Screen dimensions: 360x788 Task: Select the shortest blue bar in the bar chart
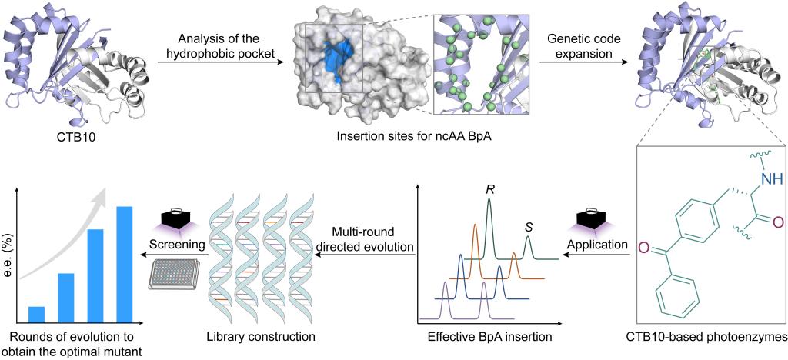(x=36, y=314)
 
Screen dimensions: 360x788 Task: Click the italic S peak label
(x=528, y=227)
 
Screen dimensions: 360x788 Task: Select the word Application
(x=598, y=245)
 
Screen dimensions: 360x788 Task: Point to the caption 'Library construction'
(x=260, y=336)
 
